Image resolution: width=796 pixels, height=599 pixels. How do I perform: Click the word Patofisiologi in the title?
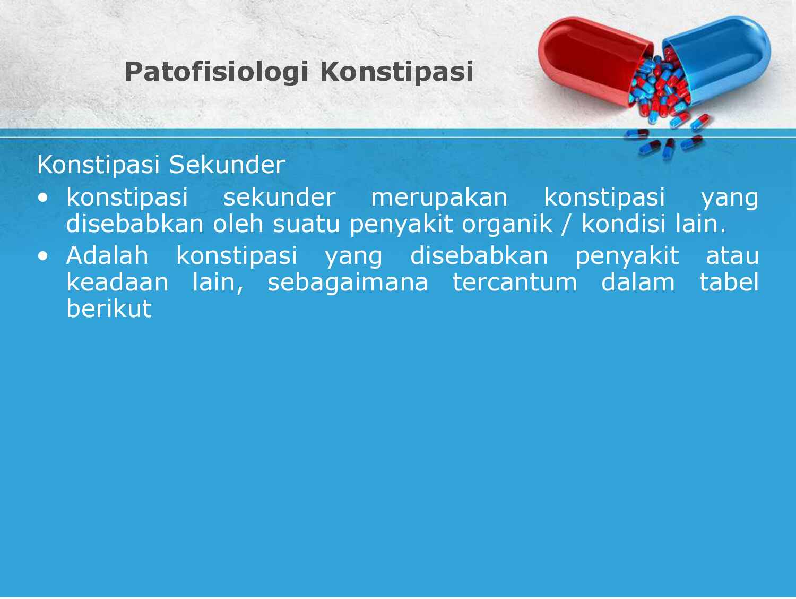(x=216, y=72)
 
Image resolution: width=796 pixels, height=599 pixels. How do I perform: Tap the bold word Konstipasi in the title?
(x=396, y=72)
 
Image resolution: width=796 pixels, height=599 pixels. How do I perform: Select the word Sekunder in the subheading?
(x=227, y=165)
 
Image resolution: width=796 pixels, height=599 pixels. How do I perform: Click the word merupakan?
(x=439, y=198)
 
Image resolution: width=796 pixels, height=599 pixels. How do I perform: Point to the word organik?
(x=507, y=224)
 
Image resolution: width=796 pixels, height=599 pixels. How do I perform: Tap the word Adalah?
(x=107, y=256)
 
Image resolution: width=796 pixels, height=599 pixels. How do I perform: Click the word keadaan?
(x=117, y=282)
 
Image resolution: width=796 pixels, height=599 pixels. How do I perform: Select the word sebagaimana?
(x=348, y=282)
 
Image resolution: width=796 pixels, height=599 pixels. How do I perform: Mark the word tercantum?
(x=514, y=282)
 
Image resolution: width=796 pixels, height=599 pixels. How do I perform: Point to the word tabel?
(x=729, y=282)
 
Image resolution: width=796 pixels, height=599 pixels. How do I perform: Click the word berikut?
(x=109, y=309)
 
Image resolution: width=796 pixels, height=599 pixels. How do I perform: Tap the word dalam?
(x=637, y=282)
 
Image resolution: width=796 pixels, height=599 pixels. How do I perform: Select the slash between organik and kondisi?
(x=567, y=225)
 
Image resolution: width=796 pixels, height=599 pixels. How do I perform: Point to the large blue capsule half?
(x=722, y=58)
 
